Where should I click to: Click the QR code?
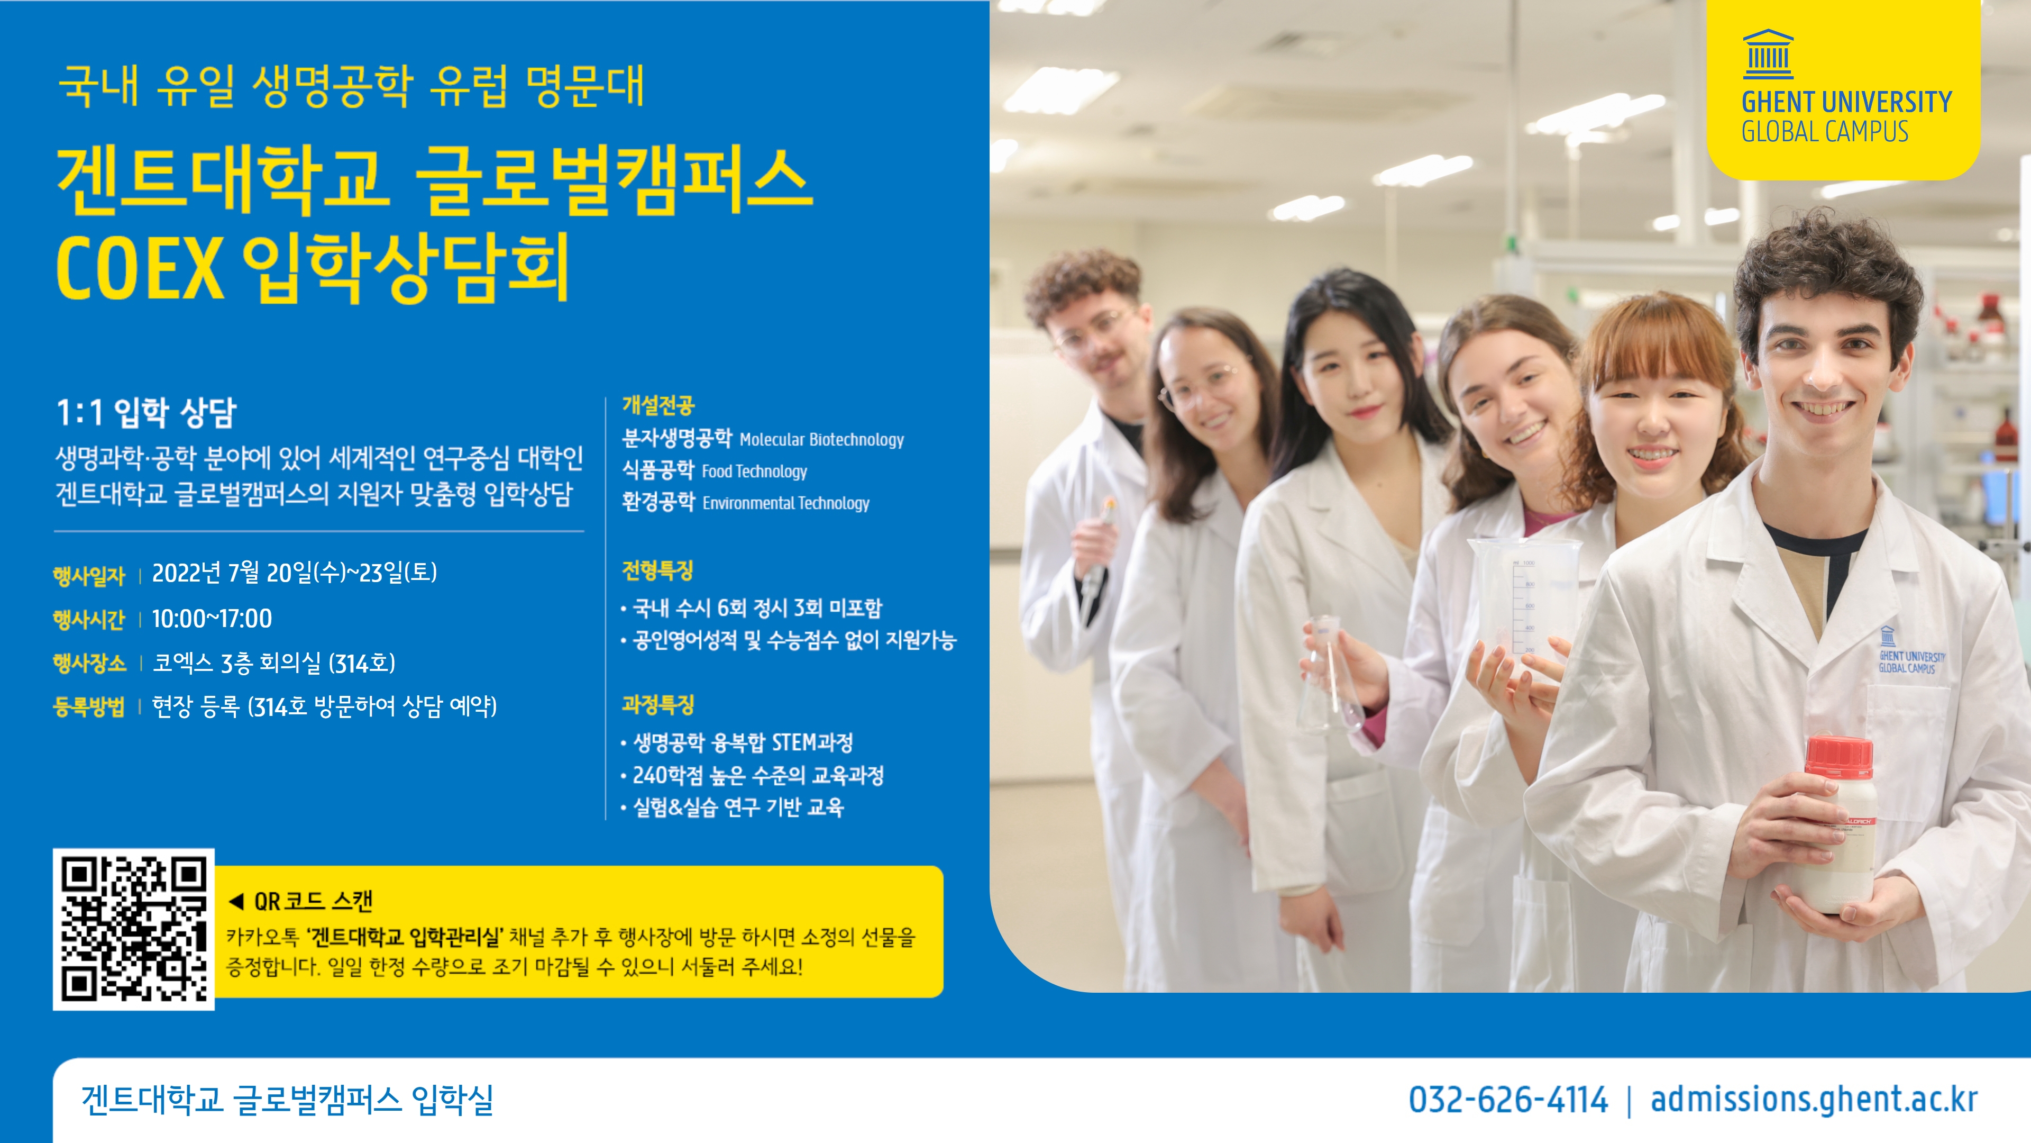pos(133,929)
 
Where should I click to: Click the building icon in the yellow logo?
pos(1768,55)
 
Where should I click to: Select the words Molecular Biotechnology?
pos(821,439)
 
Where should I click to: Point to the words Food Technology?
pos(755,471)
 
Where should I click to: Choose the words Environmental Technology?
pos(786,503)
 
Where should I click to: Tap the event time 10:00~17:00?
pos(212,619)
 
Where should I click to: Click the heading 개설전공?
pos(658,405)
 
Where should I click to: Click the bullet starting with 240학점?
pos(758,775)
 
